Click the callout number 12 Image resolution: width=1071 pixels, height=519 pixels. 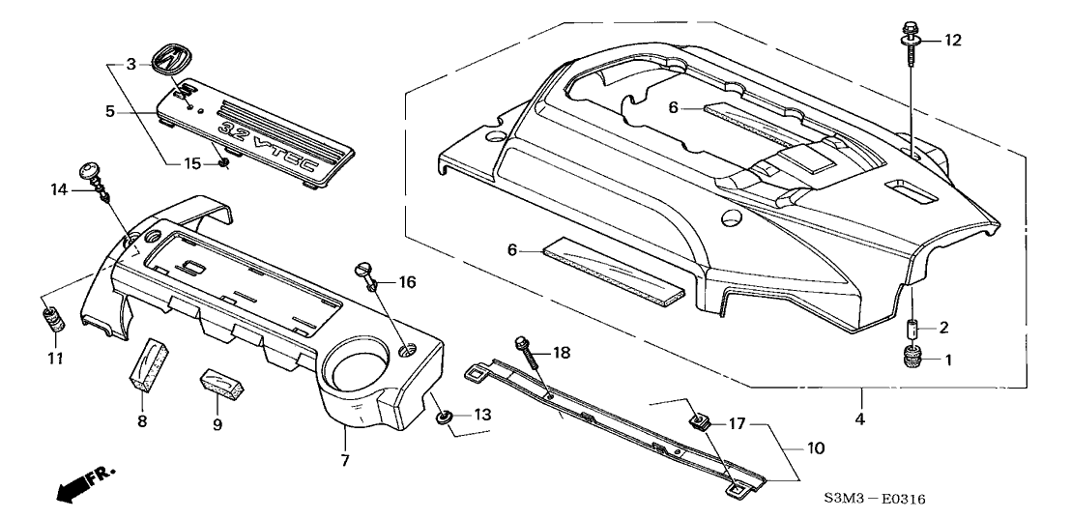click(x=953, y=41)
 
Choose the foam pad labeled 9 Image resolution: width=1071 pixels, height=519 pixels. click(x=220, y=385)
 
